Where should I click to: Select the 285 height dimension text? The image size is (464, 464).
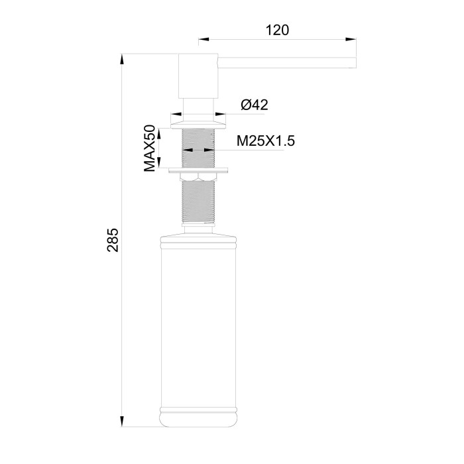coord(113,240)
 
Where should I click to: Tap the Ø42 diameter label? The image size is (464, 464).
coord(254,105)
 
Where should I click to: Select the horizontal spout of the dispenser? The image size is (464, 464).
coord(285,62)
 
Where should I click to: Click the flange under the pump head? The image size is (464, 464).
coord(198,123)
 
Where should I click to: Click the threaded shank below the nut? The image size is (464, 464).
coord(198,202)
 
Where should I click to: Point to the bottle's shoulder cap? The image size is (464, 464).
coord(198,235)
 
